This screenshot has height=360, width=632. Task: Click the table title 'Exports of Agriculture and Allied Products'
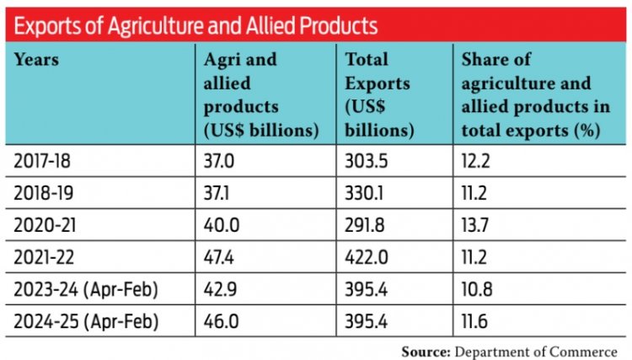pyautogui.click(x=196, y=25)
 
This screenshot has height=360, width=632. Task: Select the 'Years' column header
pyautogui.click(x=39, y=61)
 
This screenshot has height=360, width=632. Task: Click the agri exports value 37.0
pyautogui.click(x=219, y=159)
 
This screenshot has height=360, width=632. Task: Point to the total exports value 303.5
pyautogui.click(x=364, y=159)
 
